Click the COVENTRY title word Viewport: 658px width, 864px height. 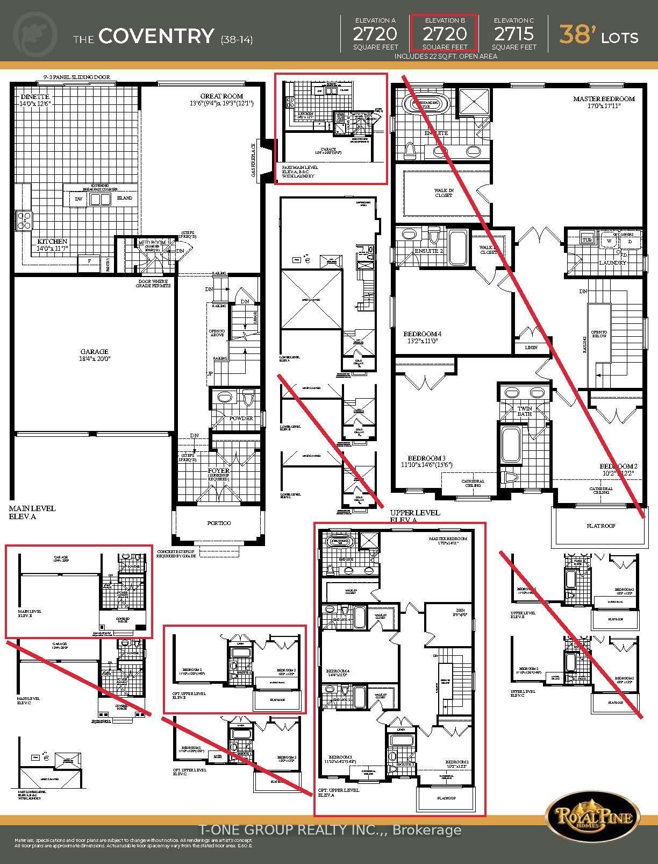(x=156, y=37)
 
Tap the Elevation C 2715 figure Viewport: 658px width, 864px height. (x=513, y=34)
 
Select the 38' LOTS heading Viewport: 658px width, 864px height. (x=599, y=36)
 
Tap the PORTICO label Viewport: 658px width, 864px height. (x=219, y=523)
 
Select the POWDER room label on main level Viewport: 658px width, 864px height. (x=241, y=418)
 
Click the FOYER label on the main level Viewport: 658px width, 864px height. (x=219, y=471)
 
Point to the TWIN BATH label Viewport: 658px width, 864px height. (x=524, y=411)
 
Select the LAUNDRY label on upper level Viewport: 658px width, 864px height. (x=612, y=263)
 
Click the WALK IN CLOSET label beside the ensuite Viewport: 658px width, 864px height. (x=444, y=193)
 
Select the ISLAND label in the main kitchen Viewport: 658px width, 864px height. (x=124, y=198)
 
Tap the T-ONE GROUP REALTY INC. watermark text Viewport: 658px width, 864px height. (x=329, y=830)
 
